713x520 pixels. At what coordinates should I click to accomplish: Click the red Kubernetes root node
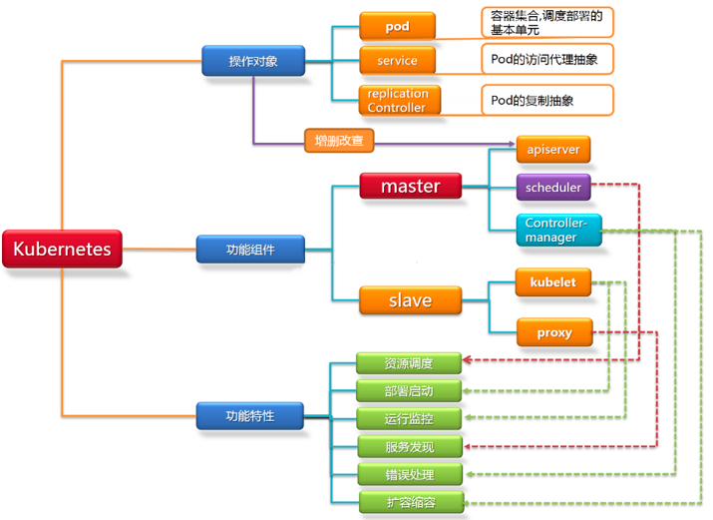point(62,249)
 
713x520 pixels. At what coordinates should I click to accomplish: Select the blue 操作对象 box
point(252,61)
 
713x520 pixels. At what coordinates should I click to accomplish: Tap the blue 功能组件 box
point(249,249)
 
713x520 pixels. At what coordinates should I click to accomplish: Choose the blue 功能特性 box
point(249,414)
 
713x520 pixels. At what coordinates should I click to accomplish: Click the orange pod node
point(397,26)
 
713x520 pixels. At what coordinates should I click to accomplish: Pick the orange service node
point(397,61)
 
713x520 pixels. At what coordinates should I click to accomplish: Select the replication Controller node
point(397,100)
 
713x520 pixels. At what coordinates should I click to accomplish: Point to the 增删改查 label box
point(338,141)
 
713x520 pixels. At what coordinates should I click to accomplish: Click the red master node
point(410,186)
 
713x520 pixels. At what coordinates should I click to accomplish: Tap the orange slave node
point(410,298)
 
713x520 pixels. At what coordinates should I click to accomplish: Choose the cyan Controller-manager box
point(558,230)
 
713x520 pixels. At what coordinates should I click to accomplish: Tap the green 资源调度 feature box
point(409,362)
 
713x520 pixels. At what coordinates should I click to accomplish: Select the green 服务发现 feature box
point(409,446)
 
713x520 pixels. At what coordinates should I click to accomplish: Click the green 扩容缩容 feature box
point(409,502)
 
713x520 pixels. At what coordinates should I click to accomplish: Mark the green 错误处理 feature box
point(409,474)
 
